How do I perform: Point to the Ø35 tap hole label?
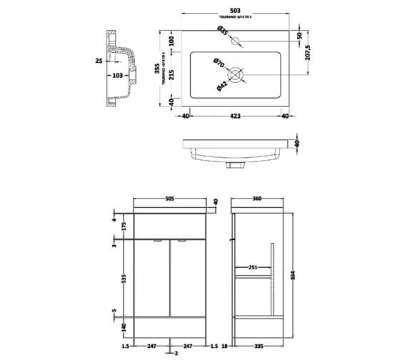point(223,31)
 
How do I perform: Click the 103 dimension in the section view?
point(119,75)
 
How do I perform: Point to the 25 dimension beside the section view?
point(99,61)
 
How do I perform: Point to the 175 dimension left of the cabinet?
point(124,226)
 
